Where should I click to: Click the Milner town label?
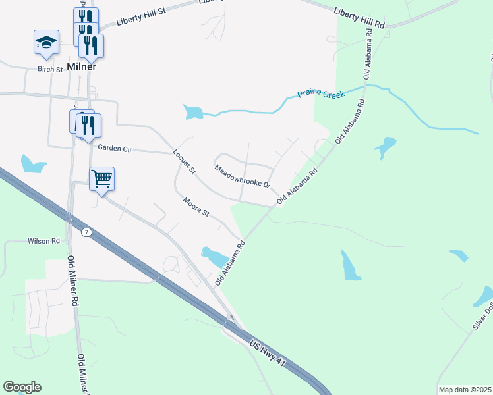tap(82, 66)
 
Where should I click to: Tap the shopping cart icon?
tap(101, 178)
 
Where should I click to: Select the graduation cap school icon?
tap(46, 42)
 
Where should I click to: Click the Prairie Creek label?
tap(321, 93)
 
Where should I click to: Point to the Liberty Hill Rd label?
tap(359, 18)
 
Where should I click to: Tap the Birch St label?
tap(49, 69)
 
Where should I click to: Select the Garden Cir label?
tap(115, 149)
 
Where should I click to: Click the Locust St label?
tap(185, 162)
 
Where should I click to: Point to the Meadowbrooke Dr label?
tap(243, 176)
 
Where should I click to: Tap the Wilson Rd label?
tap(43, 241)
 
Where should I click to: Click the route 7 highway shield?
tap(86, 232)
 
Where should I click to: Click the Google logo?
tap(22, 387)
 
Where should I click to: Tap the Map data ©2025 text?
tap(465, 390)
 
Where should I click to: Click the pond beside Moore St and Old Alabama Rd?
tap(214, 255)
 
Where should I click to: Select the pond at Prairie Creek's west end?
tap(194, 112)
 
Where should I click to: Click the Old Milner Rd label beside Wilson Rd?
tap(71, 280)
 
